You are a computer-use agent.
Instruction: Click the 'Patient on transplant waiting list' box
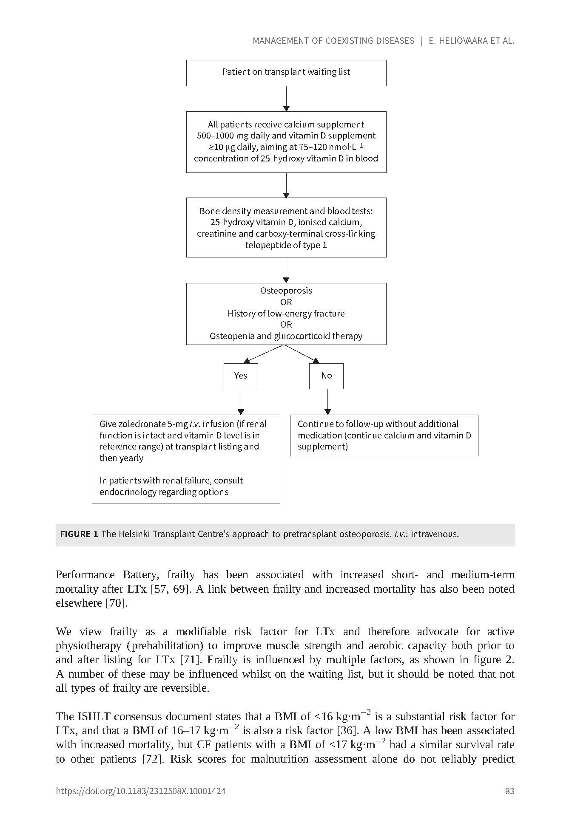(x=286, y=73)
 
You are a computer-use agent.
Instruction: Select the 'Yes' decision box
(x=241, y=376)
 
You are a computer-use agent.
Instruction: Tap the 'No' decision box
(x=326, y=376)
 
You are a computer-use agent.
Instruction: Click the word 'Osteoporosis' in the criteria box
(x=286, y=291)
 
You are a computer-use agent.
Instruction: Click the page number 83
(x=509, y=791)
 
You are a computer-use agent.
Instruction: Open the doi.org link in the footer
(x=140, y=791)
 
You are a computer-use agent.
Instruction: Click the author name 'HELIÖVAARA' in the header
(x=461, y=41)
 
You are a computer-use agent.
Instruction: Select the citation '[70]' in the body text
(x=116, y=603)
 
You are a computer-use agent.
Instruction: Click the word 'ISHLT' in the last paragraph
(x=94, y=717)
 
